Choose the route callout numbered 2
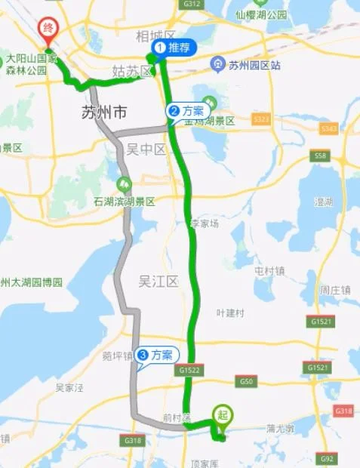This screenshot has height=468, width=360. tap(186, 111)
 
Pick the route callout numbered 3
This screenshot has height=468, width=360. tap(155, 354)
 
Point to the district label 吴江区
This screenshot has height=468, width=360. tap(158, 282)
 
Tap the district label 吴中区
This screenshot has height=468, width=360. tap(149, 149)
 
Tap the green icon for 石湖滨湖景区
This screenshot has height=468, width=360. tap(123, 183)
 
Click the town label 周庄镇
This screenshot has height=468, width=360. tap(334, 289)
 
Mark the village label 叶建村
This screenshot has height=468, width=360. tap(230, 313)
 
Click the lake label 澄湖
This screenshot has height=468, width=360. tap(324, 202)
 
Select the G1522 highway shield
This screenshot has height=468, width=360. tap(189, 370)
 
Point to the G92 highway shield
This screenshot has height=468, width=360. tap(327, 457)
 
